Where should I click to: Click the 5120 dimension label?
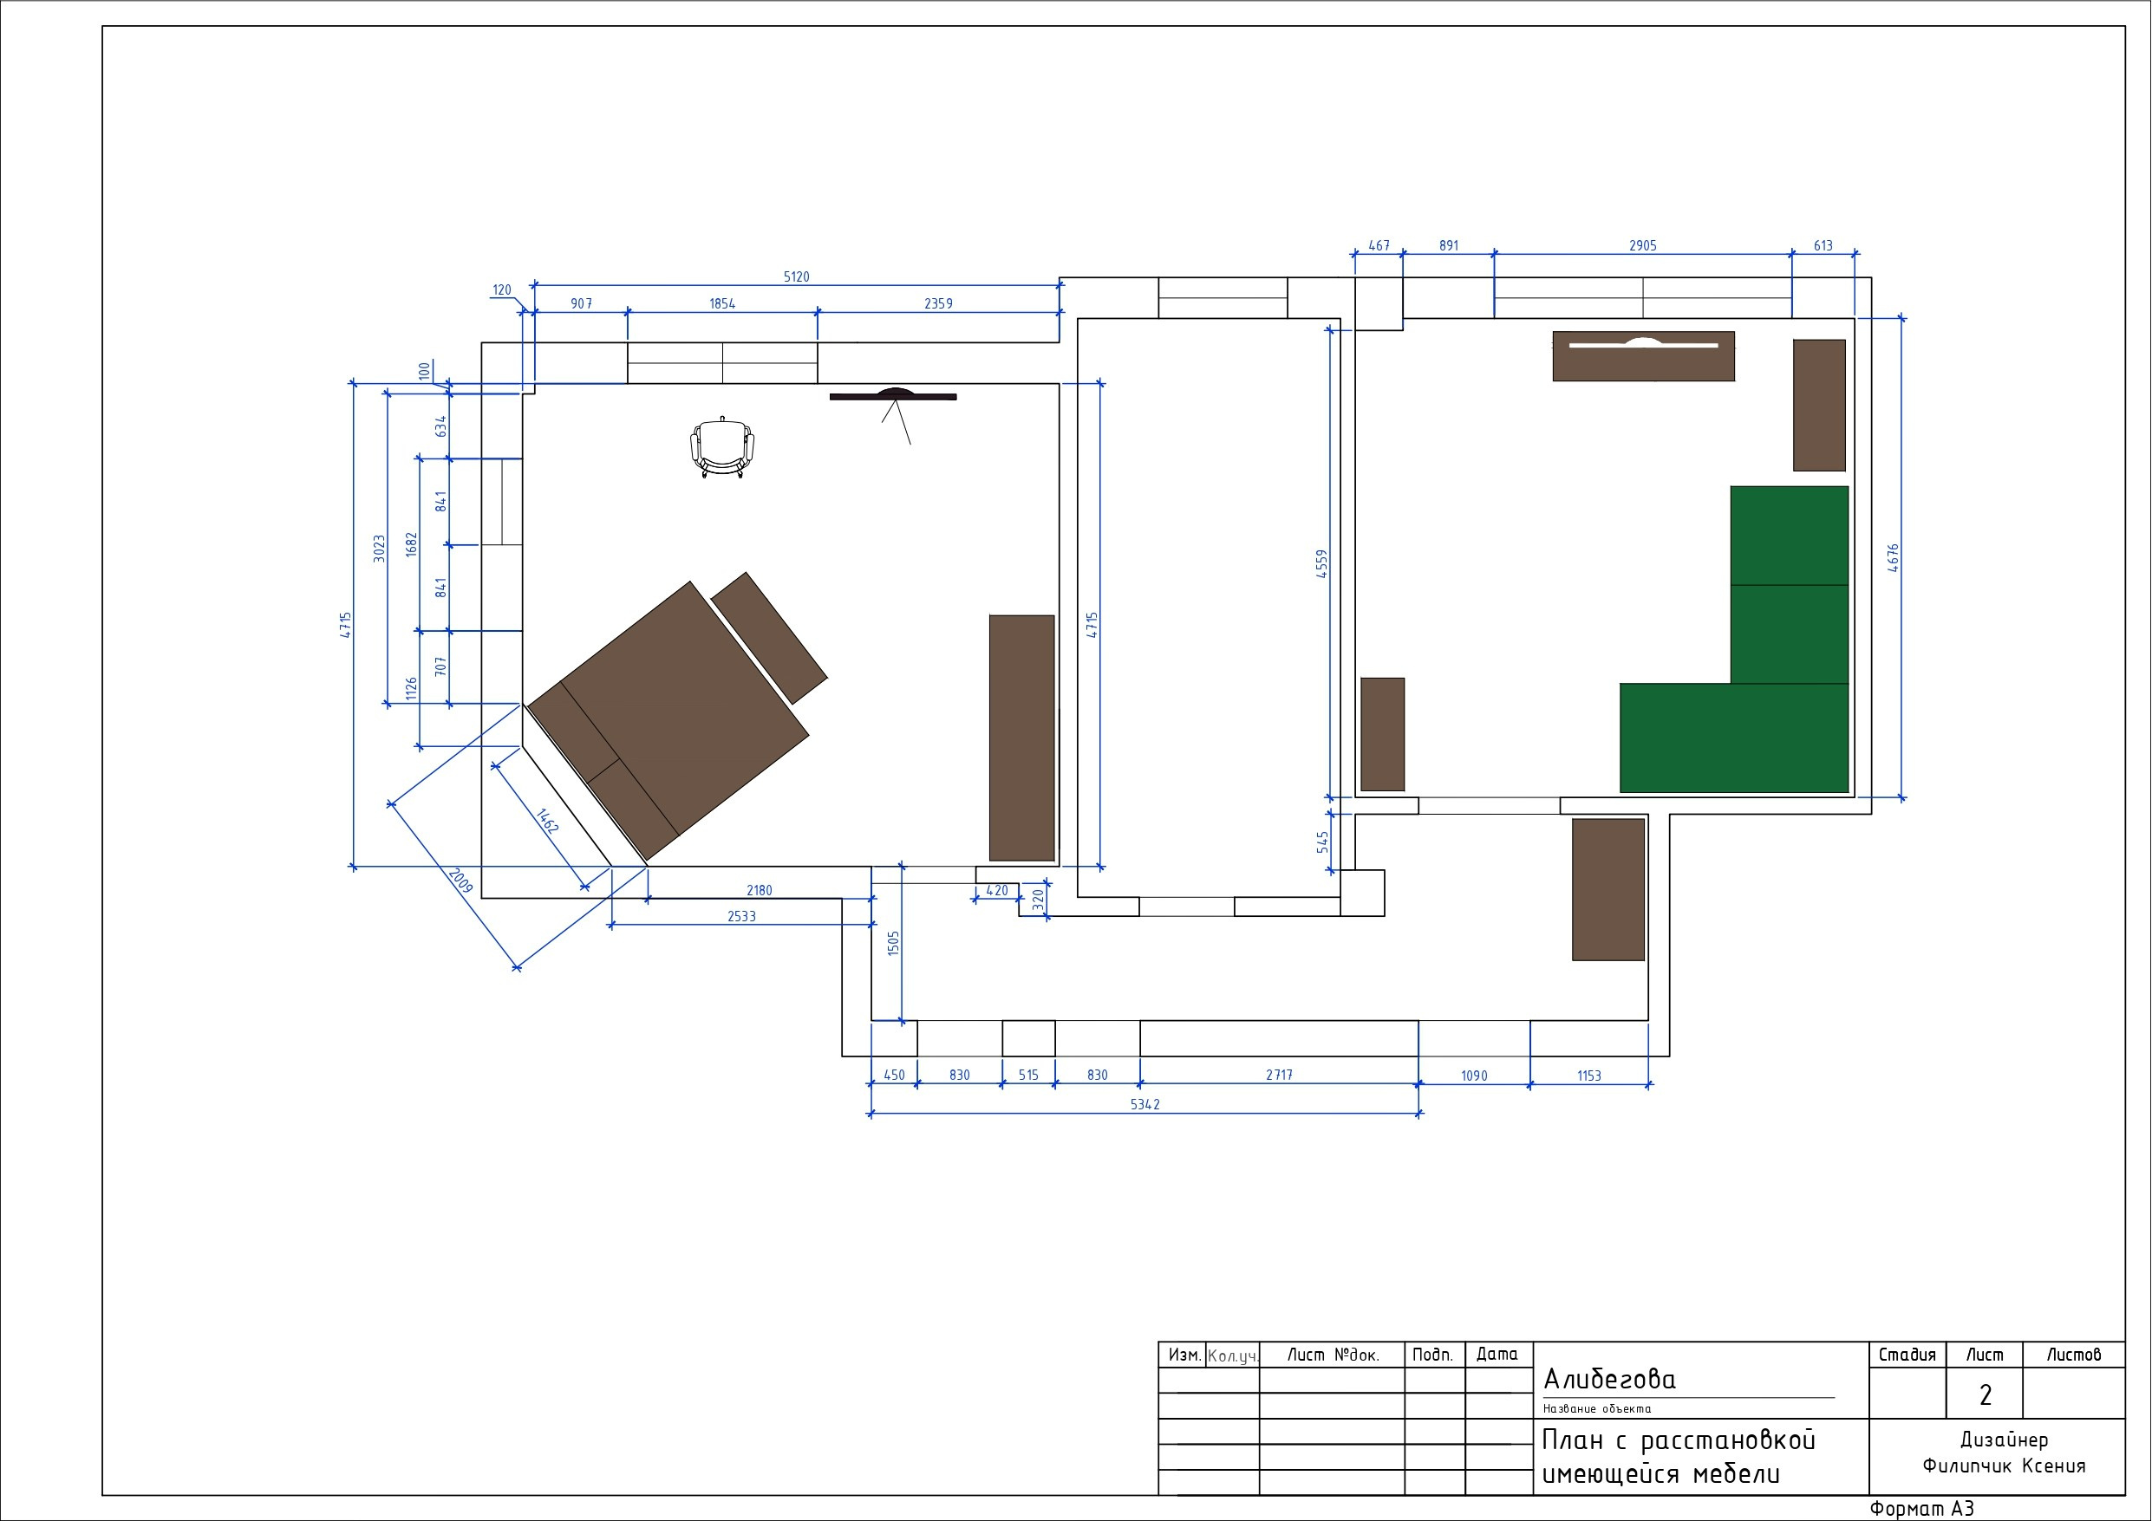point(796,276)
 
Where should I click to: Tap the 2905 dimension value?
point(1642,245)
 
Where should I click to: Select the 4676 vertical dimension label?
point(1894,557)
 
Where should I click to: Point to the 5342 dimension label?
point(1144,1104)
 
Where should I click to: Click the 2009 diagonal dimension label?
point(460,880)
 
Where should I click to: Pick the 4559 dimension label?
point(1321,563)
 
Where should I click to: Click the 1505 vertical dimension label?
point(893,943)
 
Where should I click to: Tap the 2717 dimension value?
point(1280,1075)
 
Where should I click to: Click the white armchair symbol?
point(721,448)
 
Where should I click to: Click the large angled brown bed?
point(668,722)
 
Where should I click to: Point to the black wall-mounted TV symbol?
point(892,395)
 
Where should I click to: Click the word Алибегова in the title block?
point(1609,1379)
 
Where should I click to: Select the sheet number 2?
point(1986,1394)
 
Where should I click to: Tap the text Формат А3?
point(1921,1508)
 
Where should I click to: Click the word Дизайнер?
point(2004,1440)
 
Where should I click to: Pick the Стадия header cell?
point(1907,1355)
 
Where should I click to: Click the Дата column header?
point(1497,1355)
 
